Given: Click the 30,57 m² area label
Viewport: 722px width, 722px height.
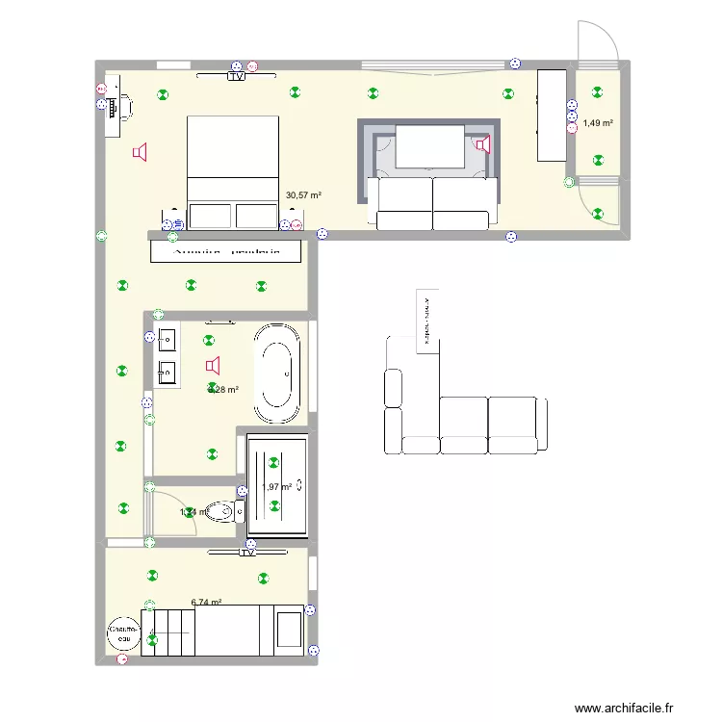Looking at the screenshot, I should point(303,195).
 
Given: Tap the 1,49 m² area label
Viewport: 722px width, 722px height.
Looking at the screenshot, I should point(598,122).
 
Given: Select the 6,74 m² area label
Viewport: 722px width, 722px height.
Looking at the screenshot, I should point(206,603).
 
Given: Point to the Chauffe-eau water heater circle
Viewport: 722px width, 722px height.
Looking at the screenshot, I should point(123,632).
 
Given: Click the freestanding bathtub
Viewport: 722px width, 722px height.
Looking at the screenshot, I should point(276,373).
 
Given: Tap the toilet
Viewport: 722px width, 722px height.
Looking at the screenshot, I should point(225,511).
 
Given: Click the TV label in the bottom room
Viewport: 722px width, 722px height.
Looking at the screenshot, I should point(247,553).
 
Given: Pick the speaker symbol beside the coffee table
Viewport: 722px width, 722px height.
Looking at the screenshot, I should point(482,144).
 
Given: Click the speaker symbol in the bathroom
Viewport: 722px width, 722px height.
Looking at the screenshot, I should point(213,366).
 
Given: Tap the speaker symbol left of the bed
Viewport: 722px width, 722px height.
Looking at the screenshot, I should point(141,152).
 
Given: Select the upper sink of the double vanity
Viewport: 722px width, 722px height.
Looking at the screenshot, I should point(168,339).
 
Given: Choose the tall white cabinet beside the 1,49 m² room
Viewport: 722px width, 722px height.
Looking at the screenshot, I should point(552,116).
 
